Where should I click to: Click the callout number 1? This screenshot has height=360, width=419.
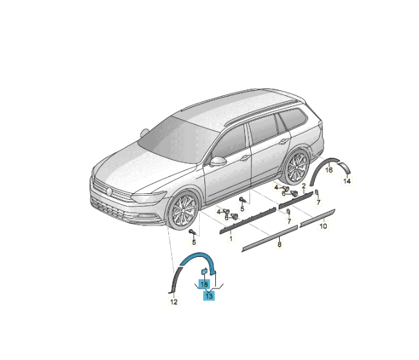(x=231, y=238)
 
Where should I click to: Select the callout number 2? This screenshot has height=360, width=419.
(x=304, y=186)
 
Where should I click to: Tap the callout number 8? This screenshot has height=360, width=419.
(x=280, y=244)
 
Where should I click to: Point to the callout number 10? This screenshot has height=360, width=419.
(x=323, y=226)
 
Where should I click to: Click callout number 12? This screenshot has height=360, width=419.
(x=173, y=302)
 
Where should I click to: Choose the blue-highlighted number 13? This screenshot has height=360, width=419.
(x=209, y=296)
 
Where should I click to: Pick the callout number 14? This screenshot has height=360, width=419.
(x=347, y=181)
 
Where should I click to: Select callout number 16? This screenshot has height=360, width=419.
(x=329, y=170)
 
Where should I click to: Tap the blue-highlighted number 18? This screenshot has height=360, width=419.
(x=204, y=284)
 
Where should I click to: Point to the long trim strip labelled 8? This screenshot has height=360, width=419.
(x=270, y=238)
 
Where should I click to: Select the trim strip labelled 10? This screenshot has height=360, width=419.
(x=317, y=218)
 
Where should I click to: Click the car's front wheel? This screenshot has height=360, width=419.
(x=184, y=211)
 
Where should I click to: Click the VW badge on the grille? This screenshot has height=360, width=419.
(x=109, y=191)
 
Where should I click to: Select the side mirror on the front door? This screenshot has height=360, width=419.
(x=218, y=161)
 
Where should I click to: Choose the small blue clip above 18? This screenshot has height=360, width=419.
(x=204, y=271)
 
